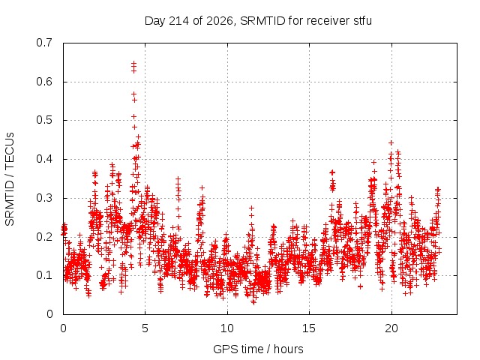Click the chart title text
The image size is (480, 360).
click(258, 21)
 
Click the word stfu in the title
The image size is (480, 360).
click(363, 21)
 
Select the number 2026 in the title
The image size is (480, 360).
click(220, 21)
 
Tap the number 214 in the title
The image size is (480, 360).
click(179, 21)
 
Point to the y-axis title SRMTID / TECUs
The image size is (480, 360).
click(10, 179)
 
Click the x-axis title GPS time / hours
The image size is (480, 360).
click(258, 349)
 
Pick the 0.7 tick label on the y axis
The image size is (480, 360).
click(44, 43)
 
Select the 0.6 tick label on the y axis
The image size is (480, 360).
click(44, 82)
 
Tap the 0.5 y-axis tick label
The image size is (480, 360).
click(44, 120)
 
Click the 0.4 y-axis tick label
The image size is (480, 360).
click(44, 159)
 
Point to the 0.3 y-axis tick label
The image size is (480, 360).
click(44, 198)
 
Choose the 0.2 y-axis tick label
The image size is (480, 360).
click(44, 237)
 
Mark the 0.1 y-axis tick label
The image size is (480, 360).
click(44, 275)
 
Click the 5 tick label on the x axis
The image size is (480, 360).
click(145, 328)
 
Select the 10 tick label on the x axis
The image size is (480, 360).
click(227, 328)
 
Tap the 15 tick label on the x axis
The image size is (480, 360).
click(309, 328)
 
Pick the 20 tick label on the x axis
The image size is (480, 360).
click(391, 328)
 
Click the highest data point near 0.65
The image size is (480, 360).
click(133, 63)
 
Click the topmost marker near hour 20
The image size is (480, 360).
click(391, 143)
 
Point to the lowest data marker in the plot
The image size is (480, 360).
click(253, 302)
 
